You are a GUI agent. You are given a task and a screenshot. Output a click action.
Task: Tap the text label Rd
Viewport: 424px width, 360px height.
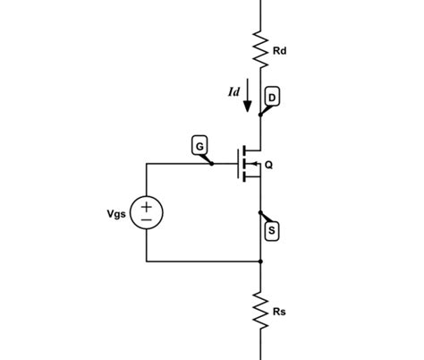coord(279,51)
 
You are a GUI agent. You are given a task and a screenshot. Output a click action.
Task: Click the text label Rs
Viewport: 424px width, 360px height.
coord(279,313)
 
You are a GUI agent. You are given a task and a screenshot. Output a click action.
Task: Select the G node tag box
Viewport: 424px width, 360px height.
coord(199,143)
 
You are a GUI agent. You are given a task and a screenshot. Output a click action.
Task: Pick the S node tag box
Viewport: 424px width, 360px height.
coord(272,231)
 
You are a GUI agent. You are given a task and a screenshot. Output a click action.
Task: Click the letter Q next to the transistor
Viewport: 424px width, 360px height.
coord(268,164)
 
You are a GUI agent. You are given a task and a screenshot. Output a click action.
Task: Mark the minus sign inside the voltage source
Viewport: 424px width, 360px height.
coord(147,220)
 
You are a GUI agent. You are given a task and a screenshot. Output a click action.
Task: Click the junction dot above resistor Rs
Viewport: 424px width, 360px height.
coord(260,261)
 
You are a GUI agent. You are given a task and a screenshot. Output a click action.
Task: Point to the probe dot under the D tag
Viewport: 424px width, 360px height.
coord(260,114)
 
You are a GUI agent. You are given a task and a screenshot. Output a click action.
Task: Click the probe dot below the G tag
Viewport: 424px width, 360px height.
coord(211,164)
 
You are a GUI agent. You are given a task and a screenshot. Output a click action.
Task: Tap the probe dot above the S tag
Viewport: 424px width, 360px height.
coord(260,213)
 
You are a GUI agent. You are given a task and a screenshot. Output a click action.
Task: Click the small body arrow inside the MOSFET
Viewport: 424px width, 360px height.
coord(254,164)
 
